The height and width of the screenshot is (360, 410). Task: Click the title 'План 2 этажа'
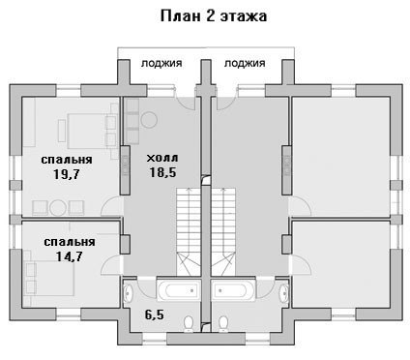pyautogui.click(x=214, y=16)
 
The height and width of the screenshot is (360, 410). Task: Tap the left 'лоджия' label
pyautogui.click(x=161, y=63)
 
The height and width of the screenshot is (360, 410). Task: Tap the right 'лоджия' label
pyautogui.click(x=245, y=63)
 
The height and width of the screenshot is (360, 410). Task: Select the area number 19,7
pyautogui.click(x=67, y=174)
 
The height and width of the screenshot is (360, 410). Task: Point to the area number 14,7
pyautogui.click(x=70, y=256)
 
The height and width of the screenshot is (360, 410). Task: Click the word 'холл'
pyautogui.click(x=162, y=158)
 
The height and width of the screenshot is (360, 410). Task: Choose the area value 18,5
pyautogui.click(x=162, y=172)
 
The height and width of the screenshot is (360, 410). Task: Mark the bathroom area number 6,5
pyautogui.click(x=155, y=315)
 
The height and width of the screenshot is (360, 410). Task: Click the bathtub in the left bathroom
pyautogui.click(x=178, y=290)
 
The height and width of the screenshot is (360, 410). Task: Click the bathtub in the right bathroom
pyautogui.click(x=234, y=290)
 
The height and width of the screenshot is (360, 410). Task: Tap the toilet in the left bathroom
pyautogui.click(x=189, y=323)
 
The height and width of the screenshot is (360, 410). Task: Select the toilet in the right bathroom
pyautogui.click(x=223, y=323)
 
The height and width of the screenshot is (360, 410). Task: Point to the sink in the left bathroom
pyautogui.click(x=128, y=293)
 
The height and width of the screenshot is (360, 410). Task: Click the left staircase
pyautogui.click(x=189, y=232)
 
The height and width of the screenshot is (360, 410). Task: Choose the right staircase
pyautogui.click(x=223, y=232)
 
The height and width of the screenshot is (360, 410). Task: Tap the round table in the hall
pyautogui.click(x=149, y=120)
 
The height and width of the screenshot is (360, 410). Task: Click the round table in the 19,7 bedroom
pyautogui.click(x=58, y=208)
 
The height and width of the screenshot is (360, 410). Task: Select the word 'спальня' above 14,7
pyautogui.click(x=70, y=242)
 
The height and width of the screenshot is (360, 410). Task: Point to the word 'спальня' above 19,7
pyautogui.click(x=67, y=160)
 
